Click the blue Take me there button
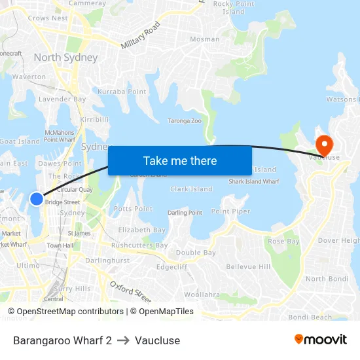(180, 161)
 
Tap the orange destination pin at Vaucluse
(324, 144)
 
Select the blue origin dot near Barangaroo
(37, 198)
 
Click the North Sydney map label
(65, 58)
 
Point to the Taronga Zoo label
(185, 121)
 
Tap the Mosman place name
(204, 39)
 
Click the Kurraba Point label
(122, 92)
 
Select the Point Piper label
(230, 211)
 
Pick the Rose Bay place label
(283, 242)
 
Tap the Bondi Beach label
(310, 317)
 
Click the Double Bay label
(196, 253)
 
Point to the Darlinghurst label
(107, 261)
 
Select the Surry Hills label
(72, 289)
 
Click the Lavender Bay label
(62, 99)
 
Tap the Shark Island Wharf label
(253, 181)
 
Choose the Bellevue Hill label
(248, 267)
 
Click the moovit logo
(321, 340)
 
